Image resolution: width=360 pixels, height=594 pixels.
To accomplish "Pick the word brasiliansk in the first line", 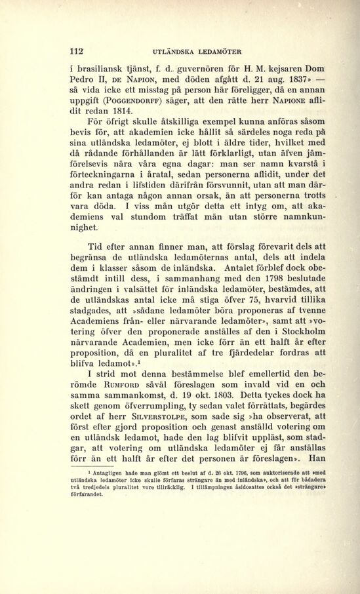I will (102, 67).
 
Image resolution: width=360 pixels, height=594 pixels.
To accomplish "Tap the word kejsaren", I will (269, 67).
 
